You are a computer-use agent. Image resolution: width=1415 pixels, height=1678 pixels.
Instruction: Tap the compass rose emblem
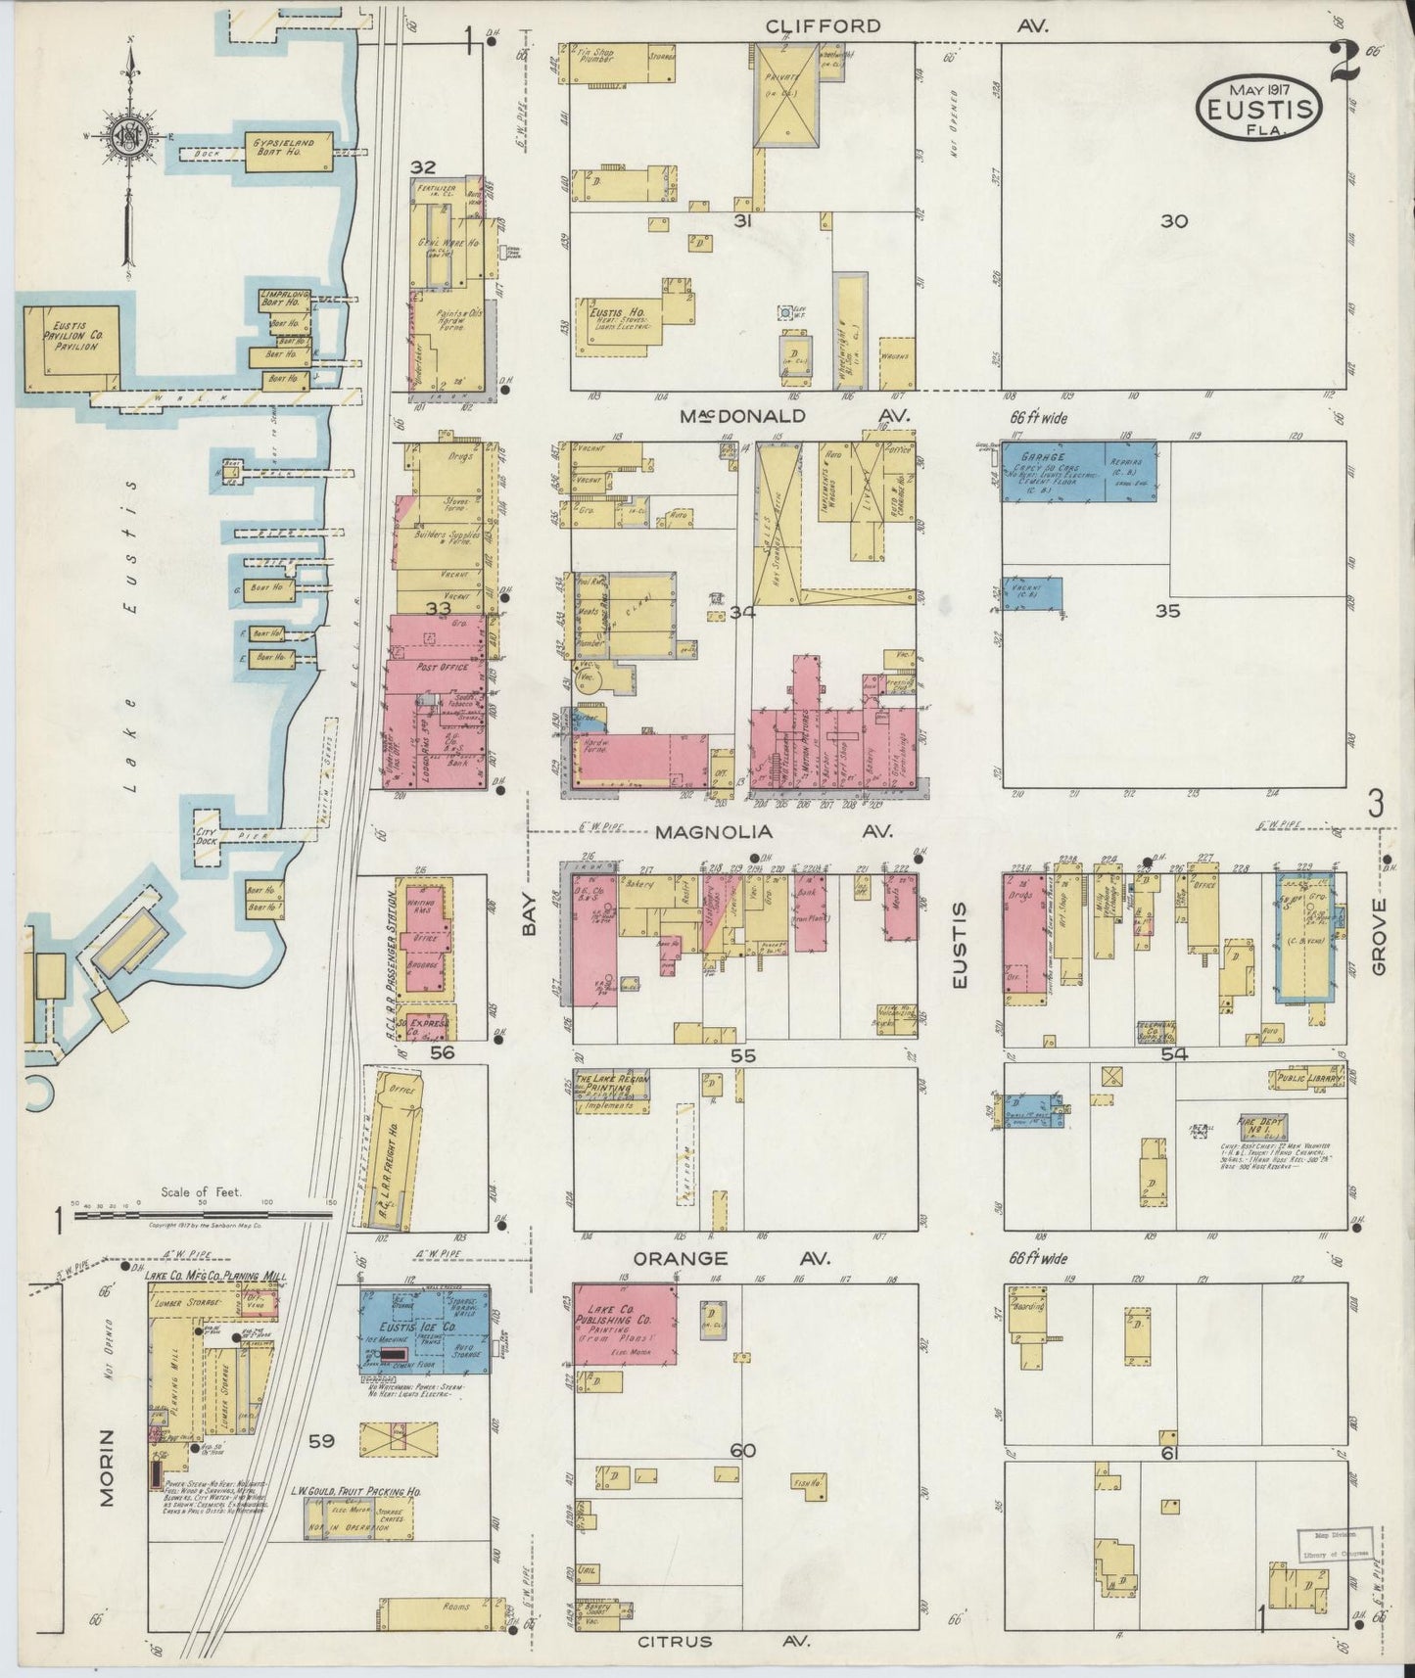[x=127, y=139]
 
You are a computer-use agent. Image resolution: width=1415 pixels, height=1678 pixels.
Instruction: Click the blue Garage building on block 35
[x=1077, y=471]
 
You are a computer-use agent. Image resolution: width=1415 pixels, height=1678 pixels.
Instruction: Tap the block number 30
[x=1173, y=221]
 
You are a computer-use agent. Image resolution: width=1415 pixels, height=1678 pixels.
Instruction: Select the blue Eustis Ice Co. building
[x=424, y=1331]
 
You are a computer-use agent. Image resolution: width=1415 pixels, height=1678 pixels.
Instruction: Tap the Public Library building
[x=1308, y=1079]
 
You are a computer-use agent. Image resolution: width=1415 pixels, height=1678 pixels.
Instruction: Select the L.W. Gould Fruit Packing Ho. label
[x=342, y=1492]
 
